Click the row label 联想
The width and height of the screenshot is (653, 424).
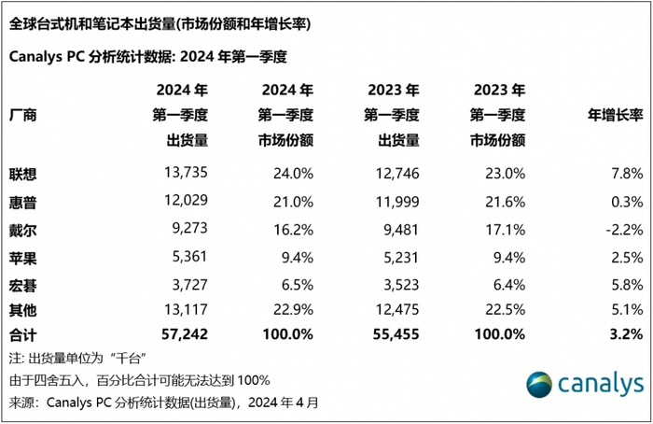tap(25, 174)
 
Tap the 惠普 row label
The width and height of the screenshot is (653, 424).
tap(25, 200)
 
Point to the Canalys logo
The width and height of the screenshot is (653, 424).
tap(584, 385)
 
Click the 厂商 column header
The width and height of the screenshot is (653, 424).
tap(25, 115)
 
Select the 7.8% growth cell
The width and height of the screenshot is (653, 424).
tap(623, 174)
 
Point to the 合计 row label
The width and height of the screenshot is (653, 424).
tap(25, 333)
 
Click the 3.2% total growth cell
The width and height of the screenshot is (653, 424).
tap(623, 333)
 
